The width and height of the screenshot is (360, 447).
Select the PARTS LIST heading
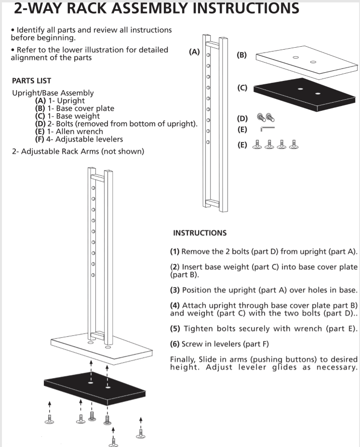[x=31, y=81]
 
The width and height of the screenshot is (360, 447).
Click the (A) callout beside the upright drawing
[x=194, y=52]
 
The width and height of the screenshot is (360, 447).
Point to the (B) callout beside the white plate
[x=241, y=55]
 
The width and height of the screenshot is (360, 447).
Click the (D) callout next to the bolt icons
[x=242, y=118]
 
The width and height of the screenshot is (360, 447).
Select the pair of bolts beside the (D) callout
[x=266, y=118]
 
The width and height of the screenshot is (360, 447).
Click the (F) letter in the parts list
[x=40, y=139]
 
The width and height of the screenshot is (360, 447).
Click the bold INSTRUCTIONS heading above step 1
[x=200, y=233]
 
